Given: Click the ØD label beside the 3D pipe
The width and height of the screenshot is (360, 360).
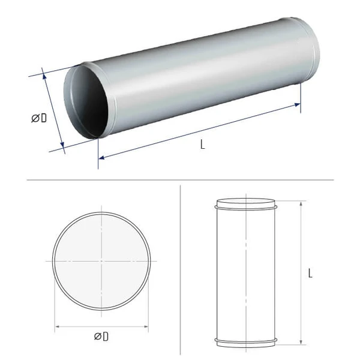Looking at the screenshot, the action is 39,118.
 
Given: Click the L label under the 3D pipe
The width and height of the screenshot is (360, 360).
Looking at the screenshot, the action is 203,145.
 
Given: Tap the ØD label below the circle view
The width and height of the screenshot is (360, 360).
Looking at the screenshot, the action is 101,337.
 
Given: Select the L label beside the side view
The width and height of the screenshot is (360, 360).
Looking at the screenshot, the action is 310,273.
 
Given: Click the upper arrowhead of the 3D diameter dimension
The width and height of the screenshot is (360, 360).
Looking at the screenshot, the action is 44,76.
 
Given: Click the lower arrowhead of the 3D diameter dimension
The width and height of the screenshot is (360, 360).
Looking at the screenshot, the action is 62,145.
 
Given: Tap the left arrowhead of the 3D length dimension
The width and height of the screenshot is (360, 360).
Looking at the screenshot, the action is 101,157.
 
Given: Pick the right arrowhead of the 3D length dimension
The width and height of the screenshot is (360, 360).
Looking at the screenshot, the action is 298,105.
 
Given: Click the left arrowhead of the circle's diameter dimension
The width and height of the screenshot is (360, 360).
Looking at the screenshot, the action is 58,326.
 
